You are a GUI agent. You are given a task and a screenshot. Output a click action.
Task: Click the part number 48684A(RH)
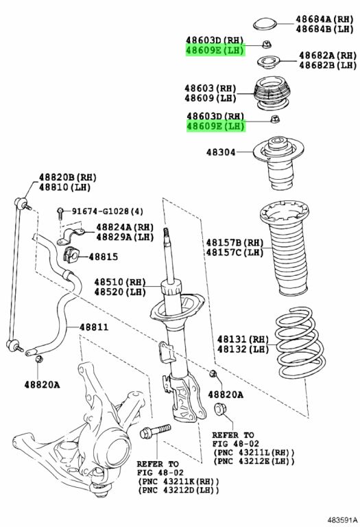[x=324, y=19]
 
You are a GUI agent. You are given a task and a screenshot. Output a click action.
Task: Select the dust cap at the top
[x=265, y=24]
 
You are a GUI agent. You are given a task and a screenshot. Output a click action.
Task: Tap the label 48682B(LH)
[x=328, y=65]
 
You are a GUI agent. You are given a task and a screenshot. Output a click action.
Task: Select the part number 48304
[x=221, y=152]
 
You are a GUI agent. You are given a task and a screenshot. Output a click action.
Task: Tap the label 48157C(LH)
[x=235, y=252]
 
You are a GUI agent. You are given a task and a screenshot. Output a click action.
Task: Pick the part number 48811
[x=94, y=327]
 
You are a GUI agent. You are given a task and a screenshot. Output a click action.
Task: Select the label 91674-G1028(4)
[x=108, y=211]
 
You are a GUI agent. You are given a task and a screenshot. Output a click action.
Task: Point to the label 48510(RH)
[x=120, y=281]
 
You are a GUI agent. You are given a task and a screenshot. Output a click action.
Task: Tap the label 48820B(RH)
[x=68, y=177]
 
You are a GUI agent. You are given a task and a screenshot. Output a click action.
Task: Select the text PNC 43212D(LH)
[x=178, y=491]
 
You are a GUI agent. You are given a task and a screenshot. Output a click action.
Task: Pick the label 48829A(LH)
[x=125, y=237]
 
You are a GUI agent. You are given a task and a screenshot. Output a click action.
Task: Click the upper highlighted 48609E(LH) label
[x=215, y=50]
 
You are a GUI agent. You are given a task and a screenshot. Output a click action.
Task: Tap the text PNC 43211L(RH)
[x=254, y=452]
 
